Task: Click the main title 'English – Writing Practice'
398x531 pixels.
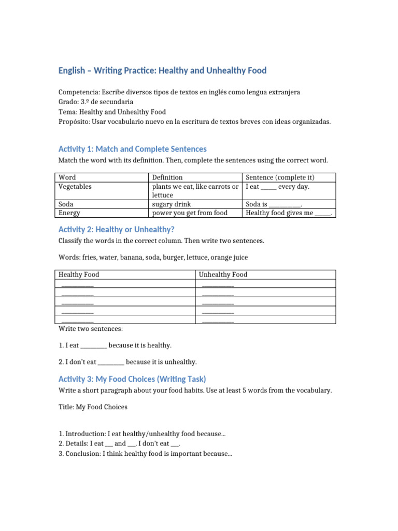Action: [162, 71]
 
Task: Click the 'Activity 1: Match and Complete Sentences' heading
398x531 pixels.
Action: [132, 149]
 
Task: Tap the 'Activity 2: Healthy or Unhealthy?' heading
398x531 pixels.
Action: [116, 229]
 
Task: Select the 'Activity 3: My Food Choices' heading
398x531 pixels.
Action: [132, 379]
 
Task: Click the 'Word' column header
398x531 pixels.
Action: [67, 177]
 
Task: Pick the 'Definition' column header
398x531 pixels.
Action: [167, 177]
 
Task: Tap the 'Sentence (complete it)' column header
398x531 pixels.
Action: [280, 177]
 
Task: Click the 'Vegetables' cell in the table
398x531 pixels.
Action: [76, 186]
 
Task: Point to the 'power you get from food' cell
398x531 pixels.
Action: [189, 213]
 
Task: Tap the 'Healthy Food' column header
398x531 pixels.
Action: [78, 274]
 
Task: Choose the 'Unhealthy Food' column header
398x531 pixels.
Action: [223, 274]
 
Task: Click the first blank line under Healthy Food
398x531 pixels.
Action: [77, 284]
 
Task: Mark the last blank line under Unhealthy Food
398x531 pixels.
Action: [218, 320]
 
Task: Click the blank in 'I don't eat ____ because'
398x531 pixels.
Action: [110, 362]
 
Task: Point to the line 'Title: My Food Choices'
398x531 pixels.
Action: [93, 407]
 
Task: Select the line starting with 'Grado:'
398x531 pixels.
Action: [96, 102]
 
